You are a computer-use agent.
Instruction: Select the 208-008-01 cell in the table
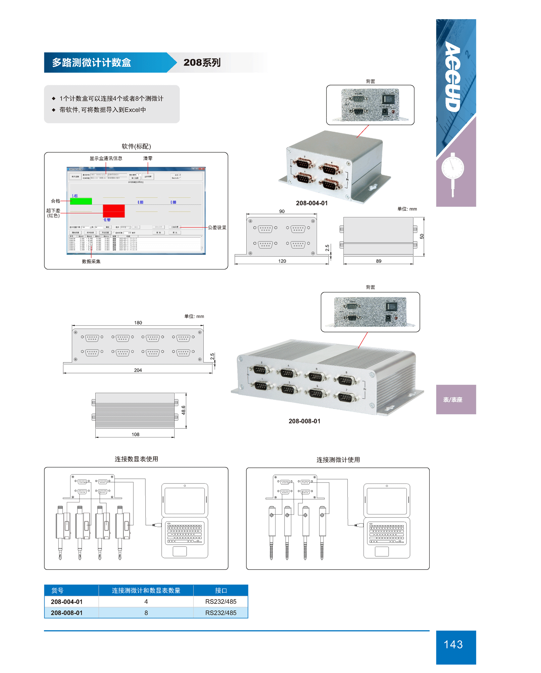[x=66, y=613]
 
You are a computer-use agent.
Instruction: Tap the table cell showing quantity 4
[x=146, y=601]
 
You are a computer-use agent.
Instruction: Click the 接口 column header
[x=220, y=590]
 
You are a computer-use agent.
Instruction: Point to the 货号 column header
[x=57, y=590]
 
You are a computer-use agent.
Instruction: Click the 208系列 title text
[x=202, y=62]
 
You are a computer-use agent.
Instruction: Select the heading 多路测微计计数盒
[x=91, y=62]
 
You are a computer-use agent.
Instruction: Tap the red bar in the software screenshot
[x=114, y=211]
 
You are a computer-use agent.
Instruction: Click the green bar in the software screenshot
[x=81, y=201]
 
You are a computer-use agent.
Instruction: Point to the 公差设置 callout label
[x=217, y=227]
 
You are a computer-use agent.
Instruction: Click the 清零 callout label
[x=148, y=158]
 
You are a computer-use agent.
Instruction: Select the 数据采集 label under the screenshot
[x=91, y=261]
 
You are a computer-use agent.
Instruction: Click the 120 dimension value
[x=282, y=261]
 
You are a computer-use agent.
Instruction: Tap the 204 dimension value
[x=138, y=370]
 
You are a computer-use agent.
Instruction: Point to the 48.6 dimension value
[x=183, y=410]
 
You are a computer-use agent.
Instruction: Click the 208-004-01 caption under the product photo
[x=311, y=203]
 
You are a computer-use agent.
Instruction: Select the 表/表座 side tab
[x=452, y=399]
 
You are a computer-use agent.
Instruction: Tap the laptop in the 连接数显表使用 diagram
[x=185, y=520]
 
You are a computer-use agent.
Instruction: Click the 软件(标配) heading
[x=136, y=146]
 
